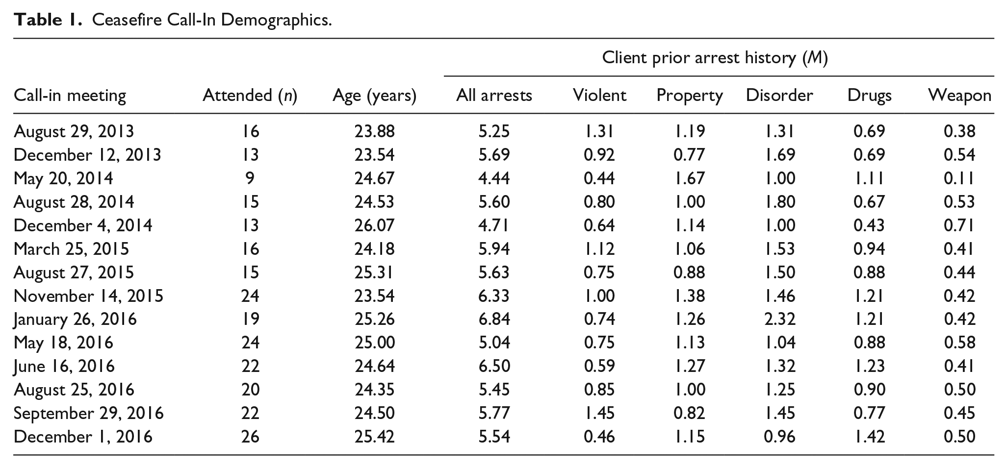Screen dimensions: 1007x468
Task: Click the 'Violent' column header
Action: tap(599, 95)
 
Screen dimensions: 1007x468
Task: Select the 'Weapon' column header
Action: tap(960, 95)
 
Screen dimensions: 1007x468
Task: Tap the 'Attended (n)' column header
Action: tap(250, 95)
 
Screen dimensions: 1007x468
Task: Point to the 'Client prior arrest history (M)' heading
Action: tap(715, 58)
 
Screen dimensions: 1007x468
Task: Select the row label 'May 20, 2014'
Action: tap(63, 178)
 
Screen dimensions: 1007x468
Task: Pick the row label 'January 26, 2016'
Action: tap(75, 320)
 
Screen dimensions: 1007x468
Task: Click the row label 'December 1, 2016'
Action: tap(83, 437)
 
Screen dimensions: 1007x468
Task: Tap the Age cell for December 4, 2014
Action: tap(375, 225)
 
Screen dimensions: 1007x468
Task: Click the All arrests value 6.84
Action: tap(494, 319)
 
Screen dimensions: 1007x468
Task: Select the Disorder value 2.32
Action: tap(779, 319)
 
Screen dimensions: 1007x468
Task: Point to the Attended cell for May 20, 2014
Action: tap(250, 178)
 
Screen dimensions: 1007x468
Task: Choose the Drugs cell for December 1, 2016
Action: tap(870, 437)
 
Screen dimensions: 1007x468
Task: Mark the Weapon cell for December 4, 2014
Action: tap(959, 225)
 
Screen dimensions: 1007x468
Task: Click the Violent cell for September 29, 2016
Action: tap(599, 413)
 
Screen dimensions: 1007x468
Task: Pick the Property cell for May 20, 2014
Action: tap(690, 178)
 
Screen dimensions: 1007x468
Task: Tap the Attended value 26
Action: tap(250, 437)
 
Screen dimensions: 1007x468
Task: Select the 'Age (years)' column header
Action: tap(374, 95)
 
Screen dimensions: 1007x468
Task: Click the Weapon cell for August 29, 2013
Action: tap(959, 131)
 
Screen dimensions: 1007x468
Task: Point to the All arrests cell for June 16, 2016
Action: tap(494, 366)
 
